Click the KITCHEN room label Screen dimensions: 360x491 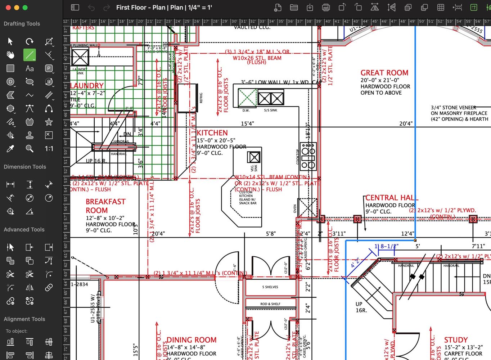click(212, 133)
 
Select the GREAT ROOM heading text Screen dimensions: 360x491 click(384, 73)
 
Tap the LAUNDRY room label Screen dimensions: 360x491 click(87, 86)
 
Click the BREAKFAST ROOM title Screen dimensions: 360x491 click(105, 206)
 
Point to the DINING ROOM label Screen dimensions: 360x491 click(191, 340)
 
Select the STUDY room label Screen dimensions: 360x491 click(456, 340)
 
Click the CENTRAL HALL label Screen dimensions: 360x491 click(391, 198)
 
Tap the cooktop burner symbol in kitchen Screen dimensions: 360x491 click(308, 156)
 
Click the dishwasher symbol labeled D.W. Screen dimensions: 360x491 click(247, 98)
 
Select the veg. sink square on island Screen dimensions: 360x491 click(254, 157)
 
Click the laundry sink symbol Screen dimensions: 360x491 click(80, 57)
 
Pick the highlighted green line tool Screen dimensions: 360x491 click(30, 55)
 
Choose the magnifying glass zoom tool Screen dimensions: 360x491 click(30, 148)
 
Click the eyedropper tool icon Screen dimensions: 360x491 click(10, 148)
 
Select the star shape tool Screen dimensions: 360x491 click(49, 122)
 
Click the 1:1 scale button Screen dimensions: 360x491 click(49, 148)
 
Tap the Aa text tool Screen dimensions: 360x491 click(30, 68)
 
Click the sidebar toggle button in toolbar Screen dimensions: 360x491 click(75, 8)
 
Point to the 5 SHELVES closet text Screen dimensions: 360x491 click(270, 287)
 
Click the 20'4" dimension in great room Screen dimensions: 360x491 click(406, 123)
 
